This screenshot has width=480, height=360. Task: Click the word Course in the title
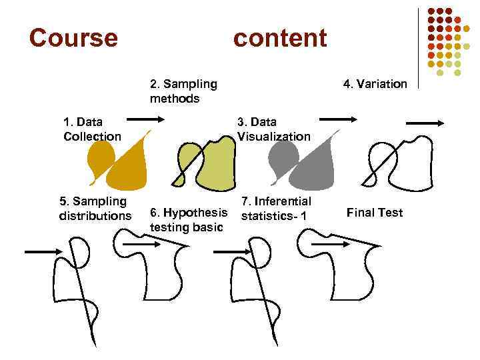(x=73, y=38)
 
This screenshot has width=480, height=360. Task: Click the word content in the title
(x=280, y=38)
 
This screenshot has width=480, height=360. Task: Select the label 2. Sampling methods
(x=183, y=91)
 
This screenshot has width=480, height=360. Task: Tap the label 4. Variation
(x=375, y=84)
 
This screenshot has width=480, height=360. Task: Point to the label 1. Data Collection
(x=92, y=129)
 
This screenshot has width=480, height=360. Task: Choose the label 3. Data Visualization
(x=274, y=129)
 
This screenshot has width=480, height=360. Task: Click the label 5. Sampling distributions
(x=93, y=208)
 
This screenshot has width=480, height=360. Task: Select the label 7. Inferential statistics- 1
(x=275, y=208)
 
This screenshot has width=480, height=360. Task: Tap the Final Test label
(x=375, y=213)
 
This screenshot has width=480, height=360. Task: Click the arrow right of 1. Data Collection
(x=144, y=118)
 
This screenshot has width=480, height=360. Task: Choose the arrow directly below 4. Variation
(x=425, y=123)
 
